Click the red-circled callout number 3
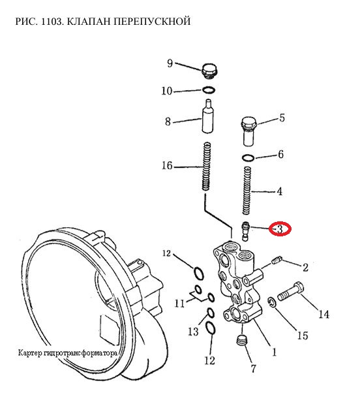point(280,229)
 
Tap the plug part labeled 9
point(210,71)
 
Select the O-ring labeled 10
point(209,89)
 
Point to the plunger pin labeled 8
point(208,116)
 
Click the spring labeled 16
point(207,167)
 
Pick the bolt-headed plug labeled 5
point(248,131)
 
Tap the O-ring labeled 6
point(248,158)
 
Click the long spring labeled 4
point(247,190)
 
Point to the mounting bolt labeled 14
point(291,292)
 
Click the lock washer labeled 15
point(272,302)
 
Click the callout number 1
point(274,352)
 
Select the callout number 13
point(194,331)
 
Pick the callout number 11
point(180,303)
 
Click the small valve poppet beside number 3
point(246,231)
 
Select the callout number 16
point(167,166)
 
